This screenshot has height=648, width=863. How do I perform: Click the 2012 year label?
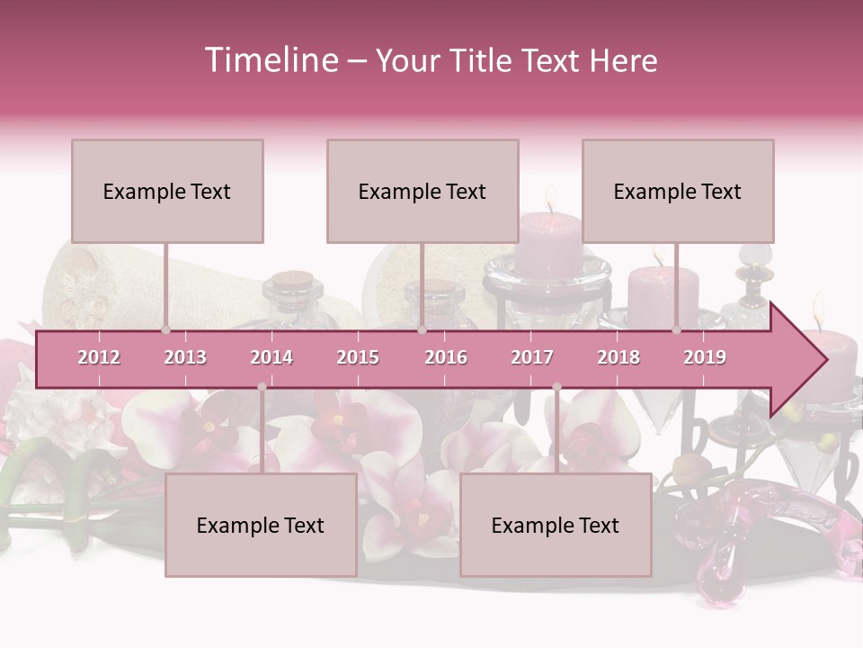99,357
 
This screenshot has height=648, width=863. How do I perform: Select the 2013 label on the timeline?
185,357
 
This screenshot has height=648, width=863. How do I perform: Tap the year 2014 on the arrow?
271,357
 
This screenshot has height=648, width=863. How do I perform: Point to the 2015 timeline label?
358,357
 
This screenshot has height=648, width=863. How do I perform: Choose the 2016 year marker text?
446,357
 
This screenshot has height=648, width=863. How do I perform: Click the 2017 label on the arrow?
532,357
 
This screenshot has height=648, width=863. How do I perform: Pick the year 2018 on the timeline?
618,357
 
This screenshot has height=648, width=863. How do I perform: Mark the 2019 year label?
705,357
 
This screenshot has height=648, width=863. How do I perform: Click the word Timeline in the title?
270,60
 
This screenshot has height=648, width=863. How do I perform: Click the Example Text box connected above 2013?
167,191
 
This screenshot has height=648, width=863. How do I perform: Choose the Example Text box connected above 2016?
423,191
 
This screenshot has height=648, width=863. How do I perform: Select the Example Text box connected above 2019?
678,191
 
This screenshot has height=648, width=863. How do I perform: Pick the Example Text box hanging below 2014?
261,525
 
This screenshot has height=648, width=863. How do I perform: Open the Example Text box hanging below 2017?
556,525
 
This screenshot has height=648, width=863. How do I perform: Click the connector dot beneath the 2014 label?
262,387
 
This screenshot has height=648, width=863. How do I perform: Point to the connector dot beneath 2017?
556,387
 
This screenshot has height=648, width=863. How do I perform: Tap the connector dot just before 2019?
677,330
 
